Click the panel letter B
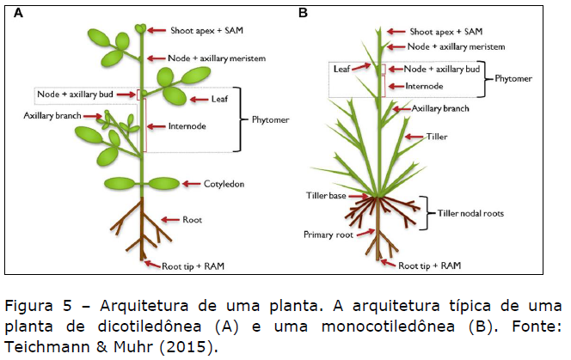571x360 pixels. coord(303,13)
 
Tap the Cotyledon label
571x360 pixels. coord(224,184)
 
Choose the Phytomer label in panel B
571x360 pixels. coord(519,77)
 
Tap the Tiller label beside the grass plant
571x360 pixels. coord(438,137)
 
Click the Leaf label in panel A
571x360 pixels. coord(220,100)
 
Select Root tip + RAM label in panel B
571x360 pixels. coord(433,265)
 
